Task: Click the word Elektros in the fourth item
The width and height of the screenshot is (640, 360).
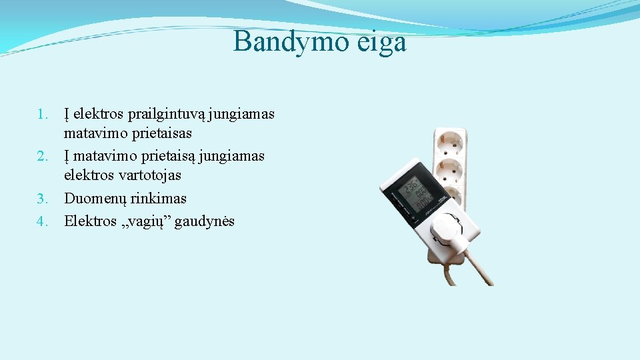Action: click(90, 221)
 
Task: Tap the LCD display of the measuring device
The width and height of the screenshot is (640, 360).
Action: click(417, 193)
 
